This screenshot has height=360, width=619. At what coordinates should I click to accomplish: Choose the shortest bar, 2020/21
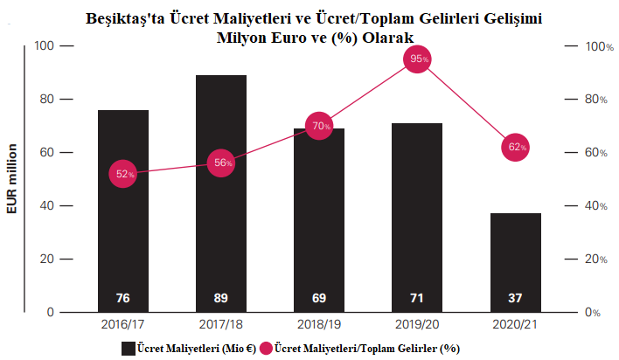click(x=516, y=262)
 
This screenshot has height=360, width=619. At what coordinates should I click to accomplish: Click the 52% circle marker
click(x=123, y=174)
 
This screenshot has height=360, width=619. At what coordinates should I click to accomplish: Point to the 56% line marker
click(x=221, y=163)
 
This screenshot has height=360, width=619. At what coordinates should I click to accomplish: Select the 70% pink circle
click(x=319, y=126)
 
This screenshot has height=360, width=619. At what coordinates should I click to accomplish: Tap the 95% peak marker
click(x=417, y=59)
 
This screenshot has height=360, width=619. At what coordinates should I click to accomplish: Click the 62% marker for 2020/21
click(x=516, y=147)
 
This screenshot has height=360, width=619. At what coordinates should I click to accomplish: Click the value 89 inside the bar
click(x=221, y=299)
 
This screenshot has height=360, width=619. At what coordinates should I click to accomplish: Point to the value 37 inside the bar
click(x=516, y=299)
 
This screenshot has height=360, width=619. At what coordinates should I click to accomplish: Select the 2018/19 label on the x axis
click(x=319, y=324)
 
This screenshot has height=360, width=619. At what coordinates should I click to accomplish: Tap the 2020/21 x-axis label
click(x=516, y=324)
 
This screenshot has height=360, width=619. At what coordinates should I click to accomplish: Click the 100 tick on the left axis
click(x=43, y=45)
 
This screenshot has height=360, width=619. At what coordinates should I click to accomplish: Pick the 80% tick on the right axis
click(x=595, y=100)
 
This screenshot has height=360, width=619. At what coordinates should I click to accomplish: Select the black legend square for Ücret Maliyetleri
click(x=129, y=348)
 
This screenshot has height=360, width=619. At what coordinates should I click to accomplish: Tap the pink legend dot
click(x=266, y=348)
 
